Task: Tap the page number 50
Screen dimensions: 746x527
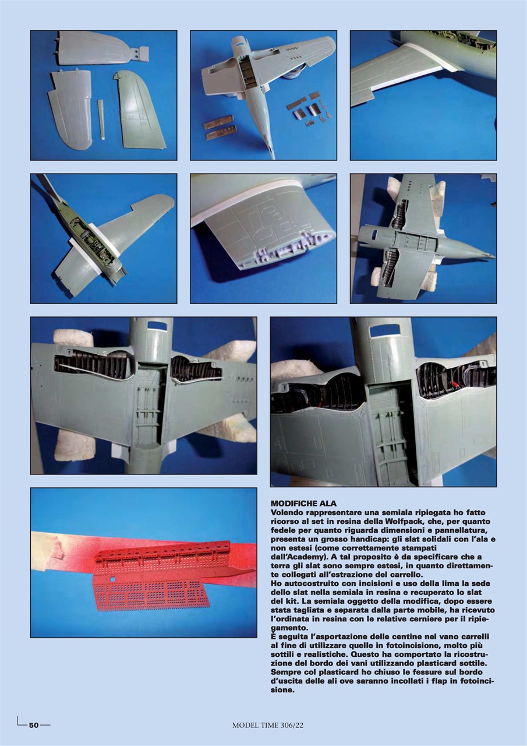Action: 34,725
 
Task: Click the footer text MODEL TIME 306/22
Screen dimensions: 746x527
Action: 268,725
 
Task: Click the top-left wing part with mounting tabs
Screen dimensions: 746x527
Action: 97,50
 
